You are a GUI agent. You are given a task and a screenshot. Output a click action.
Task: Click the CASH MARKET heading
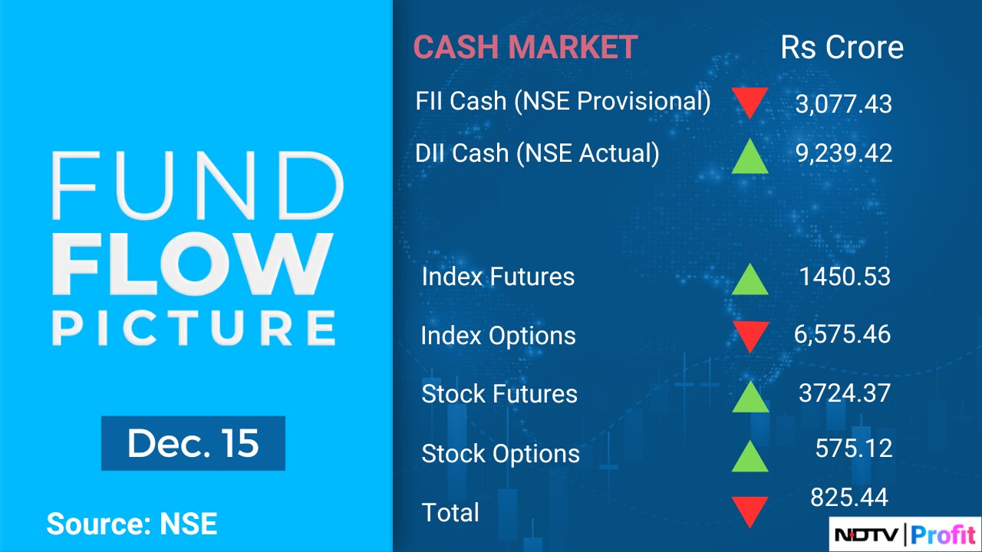click(526, 47)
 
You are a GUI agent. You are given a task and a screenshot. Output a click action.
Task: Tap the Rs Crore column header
click(842, 47)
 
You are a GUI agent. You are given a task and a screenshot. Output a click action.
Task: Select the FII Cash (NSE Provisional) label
click(563, 102)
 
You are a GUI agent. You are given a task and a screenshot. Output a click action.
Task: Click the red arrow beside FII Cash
click(750, 103)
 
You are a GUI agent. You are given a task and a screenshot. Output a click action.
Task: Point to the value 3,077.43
click(843, 104)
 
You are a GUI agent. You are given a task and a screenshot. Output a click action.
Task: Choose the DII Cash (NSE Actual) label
click(537, 153)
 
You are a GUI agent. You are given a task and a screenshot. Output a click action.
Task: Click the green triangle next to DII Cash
click(750, 156)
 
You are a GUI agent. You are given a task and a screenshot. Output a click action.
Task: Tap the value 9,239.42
click(843, 153)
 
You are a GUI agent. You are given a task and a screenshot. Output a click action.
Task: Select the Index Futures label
click(498, 277)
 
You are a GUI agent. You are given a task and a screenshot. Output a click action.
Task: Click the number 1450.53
click(845, 277)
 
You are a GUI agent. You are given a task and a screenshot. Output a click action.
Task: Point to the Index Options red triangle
click(750, 337)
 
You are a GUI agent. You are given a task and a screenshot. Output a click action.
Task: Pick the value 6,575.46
click(842, 334)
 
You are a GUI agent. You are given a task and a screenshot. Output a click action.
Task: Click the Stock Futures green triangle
click(750, 396)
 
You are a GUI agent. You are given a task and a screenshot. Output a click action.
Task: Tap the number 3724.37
click(845, 393)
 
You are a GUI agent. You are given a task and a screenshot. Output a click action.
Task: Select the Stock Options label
click(500, 453)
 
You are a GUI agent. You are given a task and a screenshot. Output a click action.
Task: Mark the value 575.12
click(854, 449)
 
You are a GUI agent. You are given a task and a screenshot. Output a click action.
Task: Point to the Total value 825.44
click(849, 498)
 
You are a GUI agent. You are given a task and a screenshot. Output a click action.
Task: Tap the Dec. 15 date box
click(193, 443)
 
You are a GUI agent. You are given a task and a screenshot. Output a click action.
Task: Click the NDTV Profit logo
click(905, 534)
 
